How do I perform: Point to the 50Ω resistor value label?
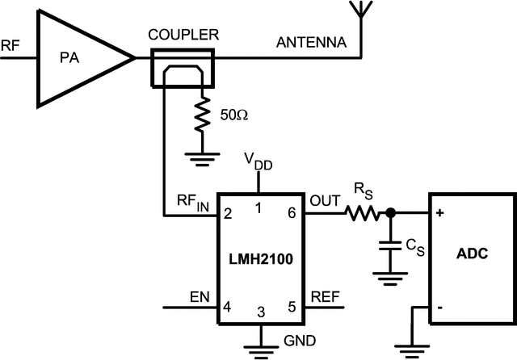[x=234, y=115]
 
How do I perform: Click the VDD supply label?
[x=259, y=162]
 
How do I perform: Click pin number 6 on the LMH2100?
[x=292, y=213]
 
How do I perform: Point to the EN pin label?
[x=200, y=295]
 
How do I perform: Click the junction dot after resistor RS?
[x=390, y=214]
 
